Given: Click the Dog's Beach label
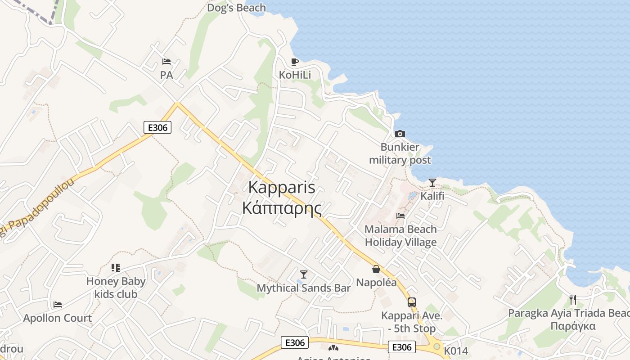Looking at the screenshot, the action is (x=236, y=8).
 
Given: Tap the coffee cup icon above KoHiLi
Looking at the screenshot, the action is (x=295, y=62).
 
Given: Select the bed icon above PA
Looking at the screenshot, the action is (x=166, y=62).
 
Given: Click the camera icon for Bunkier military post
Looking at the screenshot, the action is (x=400, y=134).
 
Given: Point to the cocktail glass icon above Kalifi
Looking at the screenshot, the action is (x=432, y=182).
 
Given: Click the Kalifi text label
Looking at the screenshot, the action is (x=432, y=196).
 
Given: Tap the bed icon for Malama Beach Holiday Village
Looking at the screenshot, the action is (x=400, y=216).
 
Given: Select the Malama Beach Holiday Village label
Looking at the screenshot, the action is (x=400, y=236).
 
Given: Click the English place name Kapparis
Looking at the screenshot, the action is (x=282, y=188).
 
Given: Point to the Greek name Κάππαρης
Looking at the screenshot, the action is (x=282, y=208).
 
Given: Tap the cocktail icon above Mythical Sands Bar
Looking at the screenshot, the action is (x=304, y=274).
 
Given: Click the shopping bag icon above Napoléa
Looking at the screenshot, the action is (x=376, y=269).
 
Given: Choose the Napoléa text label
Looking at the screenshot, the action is (x=377, y=283).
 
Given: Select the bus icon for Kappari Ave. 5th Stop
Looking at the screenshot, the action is (x=412, y=302).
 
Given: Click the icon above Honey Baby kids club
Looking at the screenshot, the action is (x=116, y=268).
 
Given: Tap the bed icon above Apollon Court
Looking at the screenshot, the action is (x=58, y=305).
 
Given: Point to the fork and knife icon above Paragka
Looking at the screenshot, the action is (x=573, y=299).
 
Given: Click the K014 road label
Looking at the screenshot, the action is (x=456, y=351).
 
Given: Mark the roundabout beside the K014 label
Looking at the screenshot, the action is (x=436, y=346).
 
